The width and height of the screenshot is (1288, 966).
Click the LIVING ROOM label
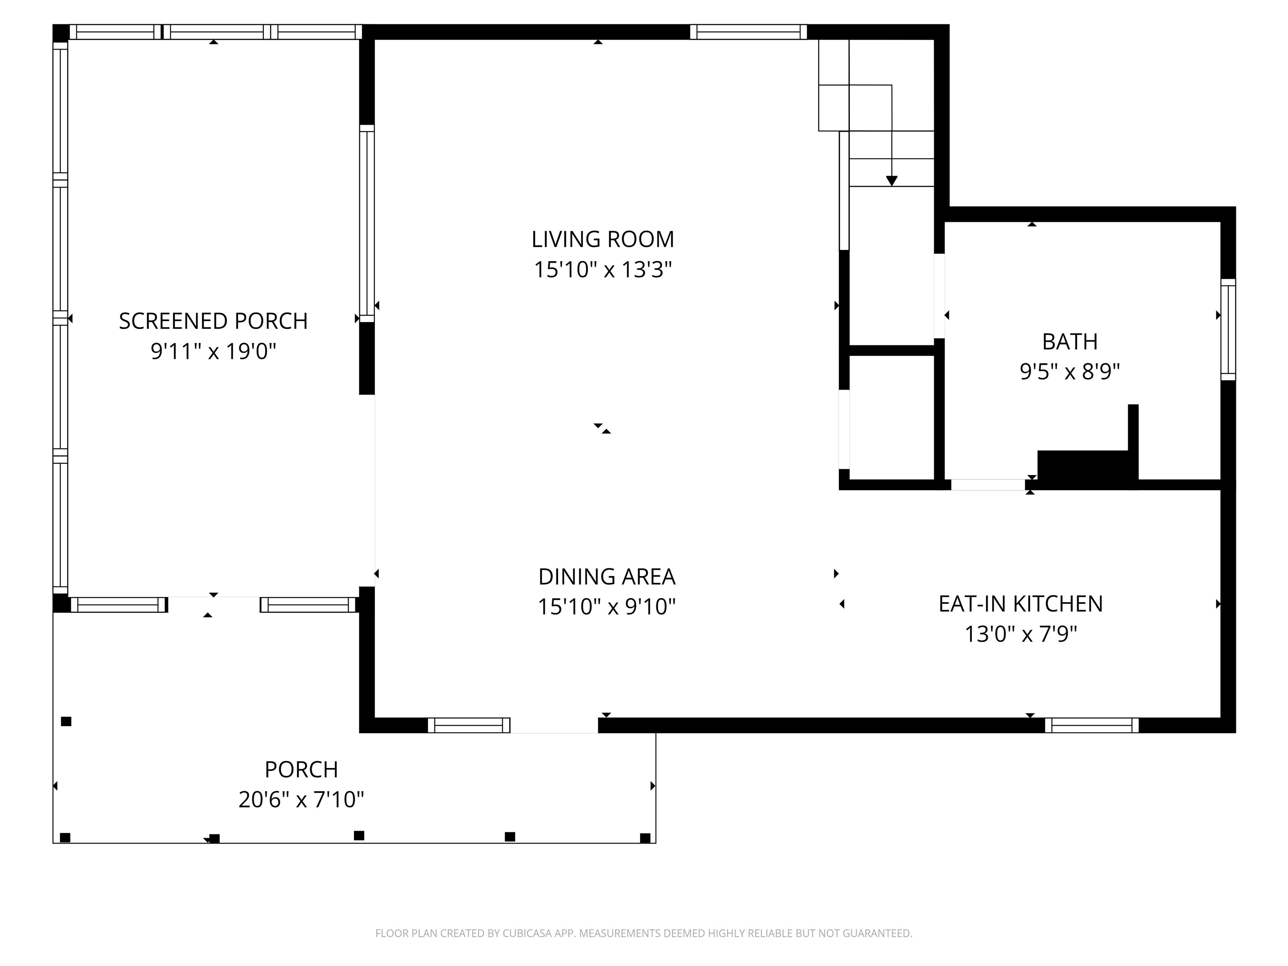click(602, 239)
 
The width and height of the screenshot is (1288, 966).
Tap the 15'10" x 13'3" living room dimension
click(602, 270)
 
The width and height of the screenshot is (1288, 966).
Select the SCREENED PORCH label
click(213, 322)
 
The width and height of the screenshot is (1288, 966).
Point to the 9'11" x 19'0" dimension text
click(213, 352)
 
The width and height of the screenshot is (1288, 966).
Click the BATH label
click(1070, 342)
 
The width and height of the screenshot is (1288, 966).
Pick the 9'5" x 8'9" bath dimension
click(1070, 371)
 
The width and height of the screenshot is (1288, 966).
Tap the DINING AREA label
click(606, 577)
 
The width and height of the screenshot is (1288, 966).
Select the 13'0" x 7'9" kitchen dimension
click(1020, 634)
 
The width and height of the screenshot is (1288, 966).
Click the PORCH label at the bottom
click(301, 770)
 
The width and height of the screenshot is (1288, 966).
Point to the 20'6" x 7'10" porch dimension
click(301, 800)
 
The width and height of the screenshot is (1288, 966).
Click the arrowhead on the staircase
click(891, 181)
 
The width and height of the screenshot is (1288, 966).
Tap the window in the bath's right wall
click(1228, 330)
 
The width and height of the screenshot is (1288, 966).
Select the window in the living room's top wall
click(748, 32)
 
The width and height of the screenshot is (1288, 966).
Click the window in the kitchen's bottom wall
click(1091, 725)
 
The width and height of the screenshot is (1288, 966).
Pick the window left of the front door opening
click(469, 725)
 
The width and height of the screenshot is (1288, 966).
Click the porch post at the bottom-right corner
click(644, 838)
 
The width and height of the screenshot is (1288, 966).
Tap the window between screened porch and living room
click(367, 223)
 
